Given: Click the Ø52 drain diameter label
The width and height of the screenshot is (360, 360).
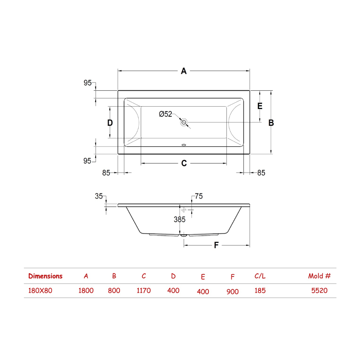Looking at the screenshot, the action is (165, 114).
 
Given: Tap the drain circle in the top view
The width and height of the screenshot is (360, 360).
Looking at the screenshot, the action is (184, 122).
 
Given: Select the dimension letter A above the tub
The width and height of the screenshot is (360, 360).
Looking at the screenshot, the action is (184, 71).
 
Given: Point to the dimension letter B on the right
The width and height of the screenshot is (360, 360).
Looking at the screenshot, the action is (271, 123).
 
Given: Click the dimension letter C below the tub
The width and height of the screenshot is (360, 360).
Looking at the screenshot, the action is (184, 163).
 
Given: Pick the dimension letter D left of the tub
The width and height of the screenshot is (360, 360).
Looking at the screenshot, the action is (110, 123).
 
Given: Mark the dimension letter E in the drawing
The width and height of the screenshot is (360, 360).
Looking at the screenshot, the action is (260, 106).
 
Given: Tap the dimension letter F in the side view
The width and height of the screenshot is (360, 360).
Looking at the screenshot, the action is (216, 245).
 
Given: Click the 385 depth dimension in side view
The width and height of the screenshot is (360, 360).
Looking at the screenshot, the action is (179, 220).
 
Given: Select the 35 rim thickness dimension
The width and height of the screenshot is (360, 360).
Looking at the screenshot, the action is (99, 196).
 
